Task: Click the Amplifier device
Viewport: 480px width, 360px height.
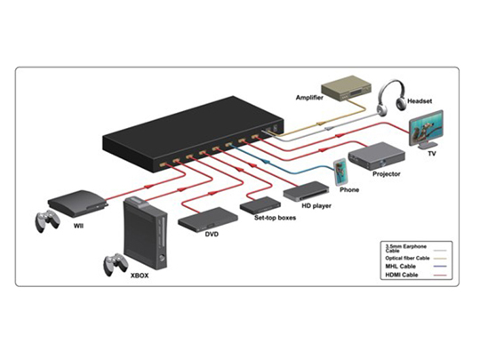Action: point(347,88)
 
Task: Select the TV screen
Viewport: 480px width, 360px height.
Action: point(427,129)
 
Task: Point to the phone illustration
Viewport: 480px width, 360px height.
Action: point(340,172)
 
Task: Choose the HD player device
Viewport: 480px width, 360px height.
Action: point(306,191)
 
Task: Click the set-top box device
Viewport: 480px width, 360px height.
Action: point(260,205)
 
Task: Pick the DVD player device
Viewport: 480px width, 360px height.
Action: point(208,220)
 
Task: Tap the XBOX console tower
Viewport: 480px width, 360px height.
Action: point(146,233)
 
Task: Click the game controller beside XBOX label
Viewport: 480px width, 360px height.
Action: point(115,264)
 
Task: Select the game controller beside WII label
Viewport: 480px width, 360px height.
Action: point(47,220)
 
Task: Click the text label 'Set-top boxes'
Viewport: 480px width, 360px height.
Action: point(275,218)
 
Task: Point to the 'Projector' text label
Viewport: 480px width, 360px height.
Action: point(387,174)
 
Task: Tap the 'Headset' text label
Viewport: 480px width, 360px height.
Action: point(420,101)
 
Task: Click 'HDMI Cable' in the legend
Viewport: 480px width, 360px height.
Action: point(401,275)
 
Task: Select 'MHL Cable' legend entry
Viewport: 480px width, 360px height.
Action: point(400,267)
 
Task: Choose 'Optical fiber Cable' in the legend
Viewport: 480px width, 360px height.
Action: point(407,258)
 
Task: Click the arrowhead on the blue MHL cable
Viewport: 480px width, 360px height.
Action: point(265,161)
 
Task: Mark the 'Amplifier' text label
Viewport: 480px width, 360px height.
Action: point(309,98)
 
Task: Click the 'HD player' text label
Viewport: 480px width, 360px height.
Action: point(316,205)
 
